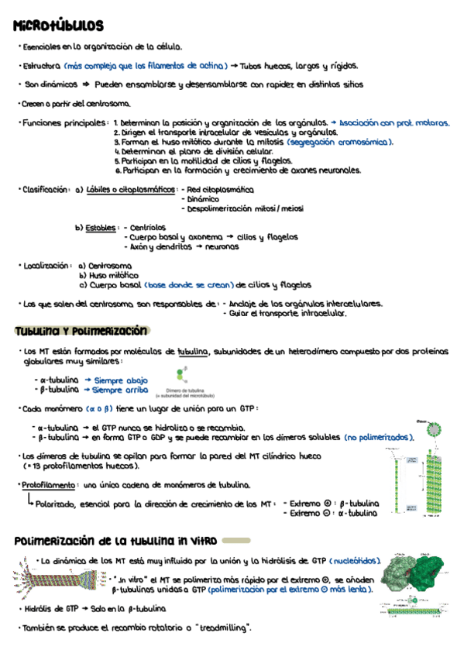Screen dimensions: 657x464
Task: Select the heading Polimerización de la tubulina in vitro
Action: click(x=116, y=539)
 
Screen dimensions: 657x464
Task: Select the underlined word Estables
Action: click(x=101, y=228)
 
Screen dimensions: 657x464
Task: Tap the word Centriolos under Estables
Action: click(x=147, y=228)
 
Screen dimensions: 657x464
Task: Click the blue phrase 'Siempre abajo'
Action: click(x=120, y=380)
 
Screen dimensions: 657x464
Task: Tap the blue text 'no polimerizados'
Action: click(x=379, y=438)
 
